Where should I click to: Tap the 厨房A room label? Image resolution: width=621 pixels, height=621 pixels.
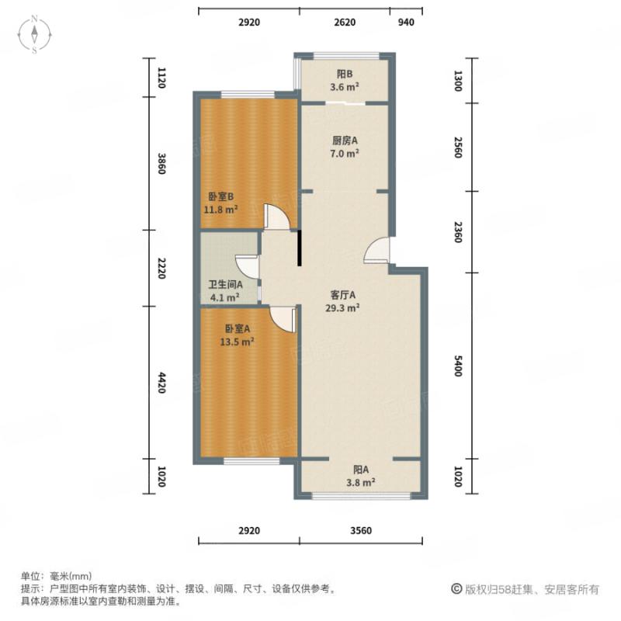(x=345, y=141)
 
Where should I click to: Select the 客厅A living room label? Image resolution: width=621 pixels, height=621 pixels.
(x=342, y=295)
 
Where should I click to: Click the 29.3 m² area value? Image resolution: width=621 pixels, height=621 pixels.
(x=342, y=307)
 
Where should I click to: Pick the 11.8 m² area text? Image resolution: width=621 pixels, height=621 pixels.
(x=222, y=209)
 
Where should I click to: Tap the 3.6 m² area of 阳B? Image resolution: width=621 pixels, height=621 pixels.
(x=345, y=87)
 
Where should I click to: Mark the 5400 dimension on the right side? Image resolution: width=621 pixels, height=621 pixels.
(x=458, y=366)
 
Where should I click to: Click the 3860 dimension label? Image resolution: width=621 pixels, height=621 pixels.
(x=161, y=164)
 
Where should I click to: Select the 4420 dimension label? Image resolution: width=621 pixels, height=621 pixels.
(x=161, y=383)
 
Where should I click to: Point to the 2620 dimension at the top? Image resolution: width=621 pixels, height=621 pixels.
(x=345, y=23)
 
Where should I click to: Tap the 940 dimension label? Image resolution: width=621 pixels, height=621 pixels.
(x=406, y=23)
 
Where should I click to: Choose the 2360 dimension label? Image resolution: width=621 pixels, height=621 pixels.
(x=458, y=232)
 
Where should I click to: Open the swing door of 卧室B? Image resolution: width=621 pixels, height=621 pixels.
(x=276, y=217)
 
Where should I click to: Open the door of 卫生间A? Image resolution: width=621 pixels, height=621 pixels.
(x=248, y=266)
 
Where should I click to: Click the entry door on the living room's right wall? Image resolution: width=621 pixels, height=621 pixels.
(x=379, y=250)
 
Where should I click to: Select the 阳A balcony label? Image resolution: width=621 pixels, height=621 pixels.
(x=361, y=470)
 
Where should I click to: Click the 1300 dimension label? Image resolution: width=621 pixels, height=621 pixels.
(x=458, y=81)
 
